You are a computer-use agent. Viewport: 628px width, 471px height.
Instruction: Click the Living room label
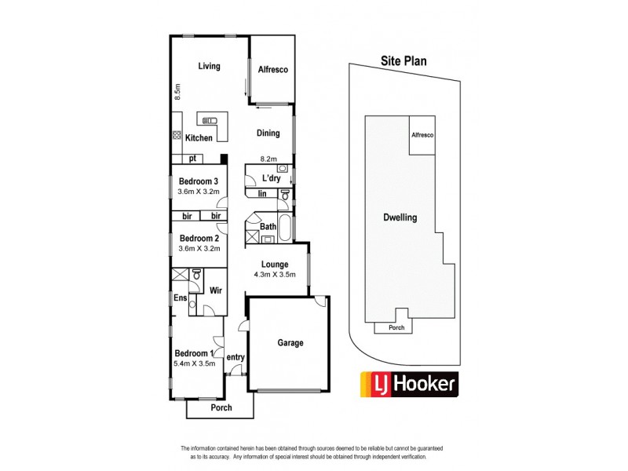(x=209, y=66)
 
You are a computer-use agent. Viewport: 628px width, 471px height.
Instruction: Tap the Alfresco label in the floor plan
(x=273, y=70)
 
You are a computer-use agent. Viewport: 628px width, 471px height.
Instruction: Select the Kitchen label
(x=199, y=138)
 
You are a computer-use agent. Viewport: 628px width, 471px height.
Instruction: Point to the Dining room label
(x=268, y=133)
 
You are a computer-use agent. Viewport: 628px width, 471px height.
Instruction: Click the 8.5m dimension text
(x=177, y=92)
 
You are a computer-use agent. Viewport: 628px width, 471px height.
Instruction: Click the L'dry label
(x=271, y=178)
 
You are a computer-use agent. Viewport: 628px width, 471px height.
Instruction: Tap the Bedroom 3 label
(x=199, y=181)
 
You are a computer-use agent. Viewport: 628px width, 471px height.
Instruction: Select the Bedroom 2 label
(x=199, y=239)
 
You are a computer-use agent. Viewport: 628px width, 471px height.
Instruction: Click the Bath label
(x=268, y=228)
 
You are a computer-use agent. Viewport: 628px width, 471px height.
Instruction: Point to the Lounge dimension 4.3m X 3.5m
(x=275, y=276)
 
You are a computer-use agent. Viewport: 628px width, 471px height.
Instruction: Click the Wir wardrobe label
(x=215, y=290)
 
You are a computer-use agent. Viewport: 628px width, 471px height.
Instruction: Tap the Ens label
(x=179, y=298)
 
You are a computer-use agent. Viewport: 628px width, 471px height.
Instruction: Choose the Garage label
(x=290, y=343)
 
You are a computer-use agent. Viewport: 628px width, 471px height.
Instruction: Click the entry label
(x=235, y=358)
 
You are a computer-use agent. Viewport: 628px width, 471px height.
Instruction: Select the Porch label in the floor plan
(x=221, y=408)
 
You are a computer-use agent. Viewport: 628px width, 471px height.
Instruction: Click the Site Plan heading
(x=403, y=60)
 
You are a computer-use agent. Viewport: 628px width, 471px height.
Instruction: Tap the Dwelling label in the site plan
(x=399, y=218)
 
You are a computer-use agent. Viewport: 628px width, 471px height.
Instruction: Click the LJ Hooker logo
(x=408, y=384)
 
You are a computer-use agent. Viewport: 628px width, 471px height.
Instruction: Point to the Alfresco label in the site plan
(x=423, y=136)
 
